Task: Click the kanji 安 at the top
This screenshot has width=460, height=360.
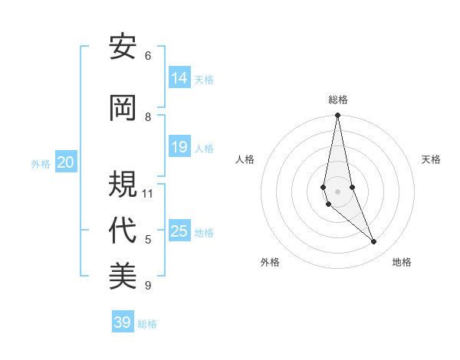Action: coord(123,47)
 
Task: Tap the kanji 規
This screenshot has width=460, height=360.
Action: coord(123,185)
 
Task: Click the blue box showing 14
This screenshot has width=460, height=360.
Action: coord(179,78)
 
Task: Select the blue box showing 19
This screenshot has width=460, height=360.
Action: coord(179,147)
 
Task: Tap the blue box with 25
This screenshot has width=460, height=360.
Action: coord(179,231)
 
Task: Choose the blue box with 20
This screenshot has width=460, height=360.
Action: coord(66,162)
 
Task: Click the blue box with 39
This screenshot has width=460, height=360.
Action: coord(123,322)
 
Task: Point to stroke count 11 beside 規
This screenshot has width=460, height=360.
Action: coord(148,193)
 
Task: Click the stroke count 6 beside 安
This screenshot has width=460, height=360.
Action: coord(148,55)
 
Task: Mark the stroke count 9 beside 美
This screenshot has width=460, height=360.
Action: coord(148,286)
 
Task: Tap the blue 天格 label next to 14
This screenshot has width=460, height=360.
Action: coord(204,79)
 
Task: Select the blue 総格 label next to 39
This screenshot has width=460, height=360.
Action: coord(147,323)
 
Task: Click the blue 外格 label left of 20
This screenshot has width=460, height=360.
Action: coord(41,163)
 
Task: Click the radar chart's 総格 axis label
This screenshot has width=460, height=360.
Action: coord(338,100)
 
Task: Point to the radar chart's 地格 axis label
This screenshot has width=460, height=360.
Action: coord(402,263)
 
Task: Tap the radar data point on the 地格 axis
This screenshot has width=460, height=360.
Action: coord(374,242)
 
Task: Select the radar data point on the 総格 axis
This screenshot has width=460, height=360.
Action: coord(337,116)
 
